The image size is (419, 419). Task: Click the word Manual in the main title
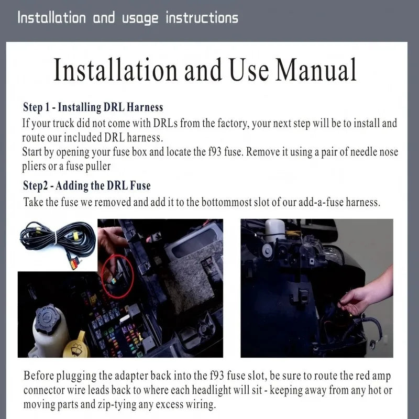point(316,70)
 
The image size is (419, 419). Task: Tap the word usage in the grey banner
point(140,18)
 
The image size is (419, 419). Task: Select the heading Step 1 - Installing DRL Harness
point(93,107)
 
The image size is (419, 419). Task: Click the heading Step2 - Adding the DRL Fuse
point(87,186)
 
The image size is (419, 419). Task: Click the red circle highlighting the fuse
point(117,276)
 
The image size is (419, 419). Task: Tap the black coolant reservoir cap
point(48,318)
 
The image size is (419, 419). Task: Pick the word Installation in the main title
point(116,70)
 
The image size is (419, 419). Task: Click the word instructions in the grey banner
point(202,18)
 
